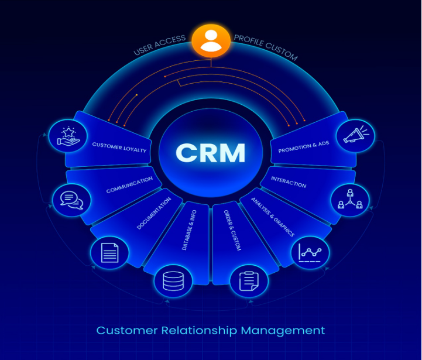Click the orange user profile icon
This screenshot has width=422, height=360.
tap(211, 40)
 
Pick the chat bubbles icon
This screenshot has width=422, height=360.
tap(71, 200)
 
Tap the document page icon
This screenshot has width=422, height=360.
tap(110, 253)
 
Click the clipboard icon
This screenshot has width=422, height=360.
tap(249, 280)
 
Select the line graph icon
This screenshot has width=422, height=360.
tap(311, 253)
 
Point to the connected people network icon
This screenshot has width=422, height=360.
tap(350, 200)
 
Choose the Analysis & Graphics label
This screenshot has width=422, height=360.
tap(272, 216)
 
